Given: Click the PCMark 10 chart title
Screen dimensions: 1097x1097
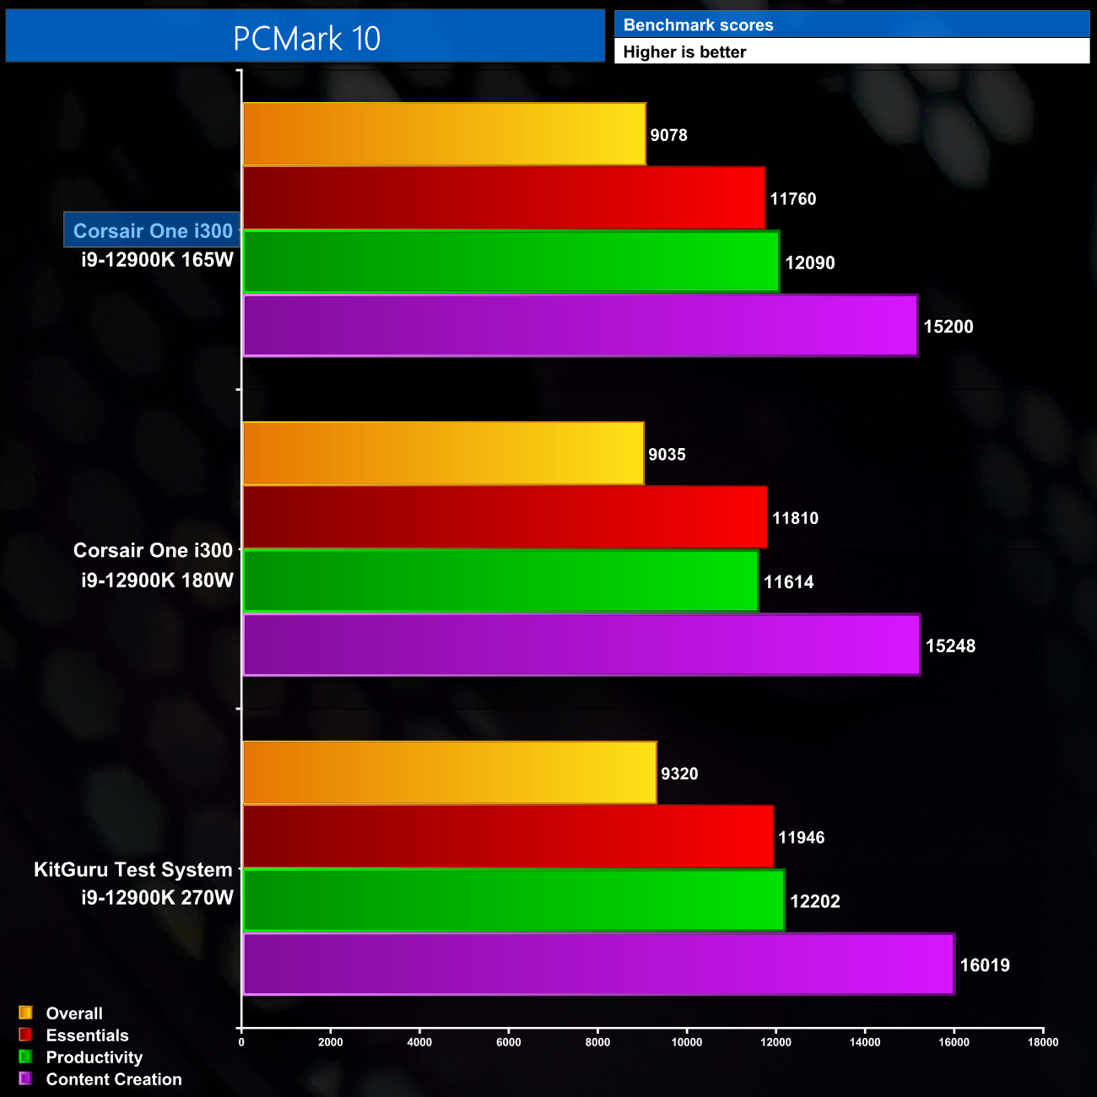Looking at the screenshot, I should click(x=306, y=39).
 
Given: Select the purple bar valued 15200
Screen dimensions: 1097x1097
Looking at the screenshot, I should click(x=580, y=326).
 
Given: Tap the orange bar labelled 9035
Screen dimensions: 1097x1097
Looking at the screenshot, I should click(x=443, y=454).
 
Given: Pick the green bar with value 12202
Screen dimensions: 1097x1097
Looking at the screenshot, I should click(x=513, y=900).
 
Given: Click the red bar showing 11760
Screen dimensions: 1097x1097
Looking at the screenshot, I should click(x=504, y=198).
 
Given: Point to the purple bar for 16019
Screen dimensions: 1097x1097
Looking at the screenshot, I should click(x=598, y=965).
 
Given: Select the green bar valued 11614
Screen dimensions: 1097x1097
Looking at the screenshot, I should click(x=500, y=581).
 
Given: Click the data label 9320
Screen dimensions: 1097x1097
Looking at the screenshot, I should click(x=679, y=774).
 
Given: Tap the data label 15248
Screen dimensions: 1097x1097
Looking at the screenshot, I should click(x=950, y=646).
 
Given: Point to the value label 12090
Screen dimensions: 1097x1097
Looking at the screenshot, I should click(x=809, y=263).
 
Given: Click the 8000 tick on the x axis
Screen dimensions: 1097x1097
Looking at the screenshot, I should click(x=597, y=1042).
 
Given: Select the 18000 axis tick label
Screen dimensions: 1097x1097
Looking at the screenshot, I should click(x=1043, y=1042).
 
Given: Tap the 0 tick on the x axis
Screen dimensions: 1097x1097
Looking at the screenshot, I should click(x=241, y=1042).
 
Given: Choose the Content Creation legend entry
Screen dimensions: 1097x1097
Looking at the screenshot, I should click(x=114, y=1079).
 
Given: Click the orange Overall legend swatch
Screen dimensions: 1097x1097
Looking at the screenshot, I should click(x=25, y=1013).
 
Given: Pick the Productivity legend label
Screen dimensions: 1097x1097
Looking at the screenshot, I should click(x=95, y=1057).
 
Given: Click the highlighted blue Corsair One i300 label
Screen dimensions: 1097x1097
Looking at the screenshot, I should click(x=152, y=230).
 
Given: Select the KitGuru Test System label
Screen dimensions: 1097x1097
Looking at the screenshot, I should click(x=132, y=869).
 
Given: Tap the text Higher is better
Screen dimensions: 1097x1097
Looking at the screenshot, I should click(x=684, y=52).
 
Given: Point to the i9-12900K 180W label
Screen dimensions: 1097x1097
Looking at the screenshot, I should click(x=157, y=580).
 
